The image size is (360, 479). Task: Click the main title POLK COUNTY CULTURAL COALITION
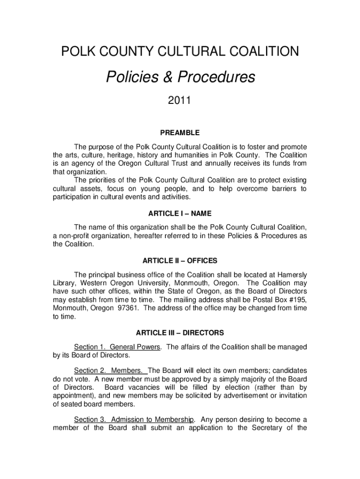click(180, 51)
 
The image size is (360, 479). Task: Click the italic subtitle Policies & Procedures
click(180, 77)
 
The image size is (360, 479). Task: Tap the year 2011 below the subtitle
click(180, 101)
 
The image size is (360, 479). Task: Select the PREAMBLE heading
click(180, 133)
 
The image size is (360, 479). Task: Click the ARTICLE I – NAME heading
click(180, 214)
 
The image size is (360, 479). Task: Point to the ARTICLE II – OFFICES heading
click(180, 261)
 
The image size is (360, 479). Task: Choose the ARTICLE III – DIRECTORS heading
click(180, 333)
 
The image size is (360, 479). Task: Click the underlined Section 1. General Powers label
click(118, 347)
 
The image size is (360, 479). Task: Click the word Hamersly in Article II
click(290, 275)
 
